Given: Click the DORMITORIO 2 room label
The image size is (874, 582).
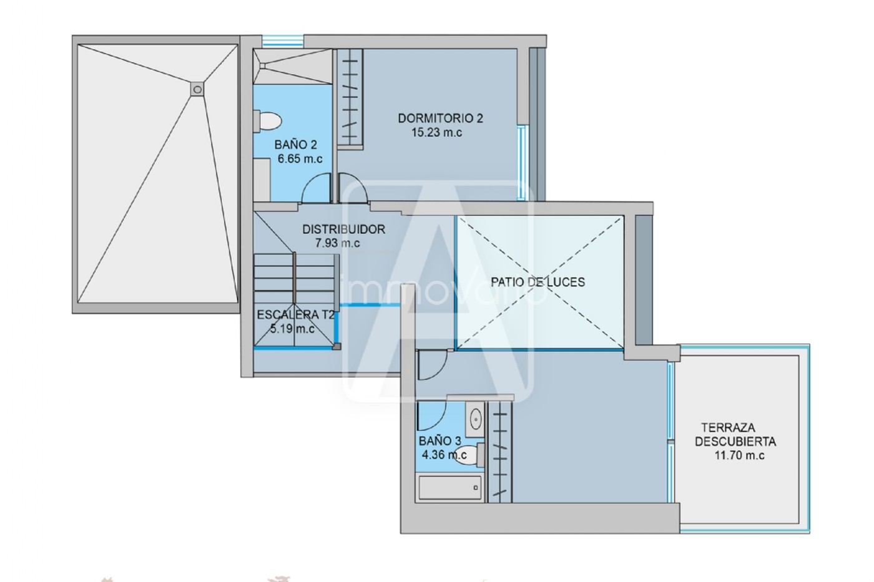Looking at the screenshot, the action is tap(440, 118).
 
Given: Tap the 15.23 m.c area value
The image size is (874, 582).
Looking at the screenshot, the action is tap(436, 132).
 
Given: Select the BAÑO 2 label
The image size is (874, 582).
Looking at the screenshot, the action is tap(295, 145).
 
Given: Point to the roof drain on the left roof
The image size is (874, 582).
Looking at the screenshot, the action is tap(197, 90).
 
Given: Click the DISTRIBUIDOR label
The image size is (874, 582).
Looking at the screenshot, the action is tap(344, 229).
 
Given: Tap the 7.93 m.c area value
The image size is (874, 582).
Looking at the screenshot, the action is tap(338, 243).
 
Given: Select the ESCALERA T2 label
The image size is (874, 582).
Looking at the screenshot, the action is tap(296, 315).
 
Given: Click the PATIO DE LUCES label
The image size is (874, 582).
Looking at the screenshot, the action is tap(538, 282).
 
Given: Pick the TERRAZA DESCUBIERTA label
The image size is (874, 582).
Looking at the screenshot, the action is tap(735, 435).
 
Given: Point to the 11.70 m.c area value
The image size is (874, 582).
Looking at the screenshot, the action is tap(739, 455).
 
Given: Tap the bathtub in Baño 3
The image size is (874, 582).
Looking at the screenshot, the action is tap(450, 487).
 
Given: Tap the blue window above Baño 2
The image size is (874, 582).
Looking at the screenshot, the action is tap(282, 41).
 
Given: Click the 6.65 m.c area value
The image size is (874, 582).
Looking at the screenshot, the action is tap(300, 159).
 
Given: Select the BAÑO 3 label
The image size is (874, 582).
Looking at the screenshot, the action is tap(439, 441).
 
